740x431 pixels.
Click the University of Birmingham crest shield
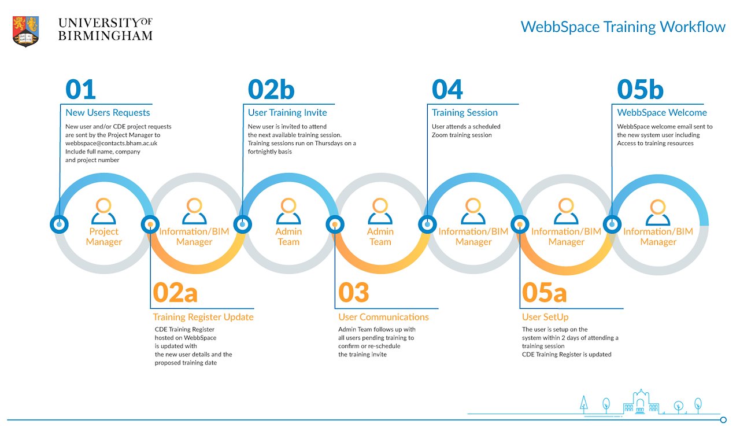pos(26,31)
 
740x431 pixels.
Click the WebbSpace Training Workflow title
pos(623,27)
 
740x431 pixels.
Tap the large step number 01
pos(80,89)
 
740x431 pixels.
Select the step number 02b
pos(271,89)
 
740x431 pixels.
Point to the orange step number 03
pos(353,293)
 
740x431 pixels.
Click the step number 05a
pos(544,293)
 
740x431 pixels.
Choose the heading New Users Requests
pos(108,113)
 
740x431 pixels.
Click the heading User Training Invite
pos(287,113)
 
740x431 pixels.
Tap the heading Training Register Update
pos(203,317)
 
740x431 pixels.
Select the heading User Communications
pos(383,317)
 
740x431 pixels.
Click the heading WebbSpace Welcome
pos(662,113)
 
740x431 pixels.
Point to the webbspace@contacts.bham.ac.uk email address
pos(112,143)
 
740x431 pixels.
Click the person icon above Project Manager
pos(103,211)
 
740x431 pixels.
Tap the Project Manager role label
pos(103,237)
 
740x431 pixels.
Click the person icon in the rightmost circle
pos(658,212)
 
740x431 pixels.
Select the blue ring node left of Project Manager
pos(59,224)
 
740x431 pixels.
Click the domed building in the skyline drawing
pos(641,401)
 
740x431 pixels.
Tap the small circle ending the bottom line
pos(723,420)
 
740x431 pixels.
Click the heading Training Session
pos(464,113)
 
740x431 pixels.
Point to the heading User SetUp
pos(545,317)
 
